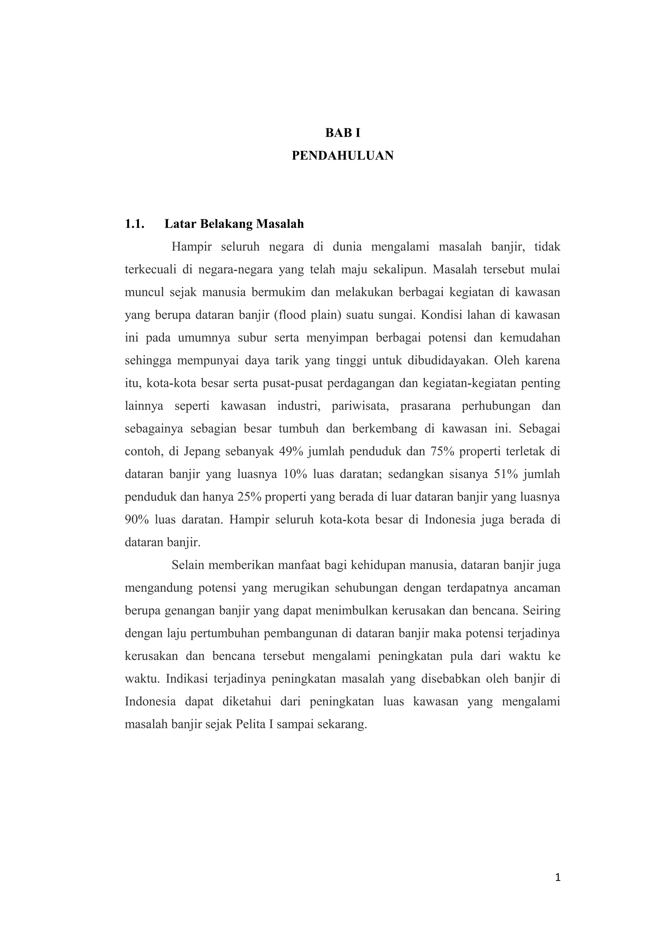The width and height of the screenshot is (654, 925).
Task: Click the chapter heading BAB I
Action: pos(343,133)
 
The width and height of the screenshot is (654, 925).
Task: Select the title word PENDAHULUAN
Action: pos(343,156)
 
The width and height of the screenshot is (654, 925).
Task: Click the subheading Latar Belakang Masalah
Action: pos(234,224)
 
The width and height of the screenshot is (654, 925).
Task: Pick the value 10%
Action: pos(296,474)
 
